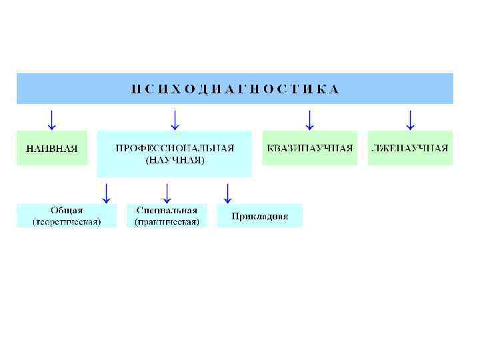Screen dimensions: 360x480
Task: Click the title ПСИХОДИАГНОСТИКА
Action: pyautogui.click(x=235, y=89)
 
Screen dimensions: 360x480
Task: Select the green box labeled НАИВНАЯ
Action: pyautogui.click(x=51, y=148)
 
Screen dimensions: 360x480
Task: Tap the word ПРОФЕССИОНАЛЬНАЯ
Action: pyautogui.click(x=175, y=147)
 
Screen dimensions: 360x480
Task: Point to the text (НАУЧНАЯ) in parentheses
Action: pyautogui.click(x=175, y=160)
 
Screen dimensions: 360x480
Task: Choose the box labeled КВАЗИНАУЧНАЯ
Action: pyautogui.click(x=309, y=148)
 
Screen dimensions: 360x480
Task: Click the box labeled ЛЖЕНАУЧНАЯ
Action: pyautogui.click(x=410, y=148)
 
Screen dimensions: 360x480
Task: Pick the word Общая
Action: pyautogui.click(x=67, y=211)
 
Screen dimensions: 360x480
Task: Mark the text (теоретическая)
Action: pyautogui.click(x=67, y=221)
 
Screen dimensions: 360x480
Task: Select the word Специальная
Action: pyautogui.click(x=167, y=211)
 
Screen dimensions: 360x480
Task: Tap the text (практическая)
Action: pyautogui.click(x=167, y=221)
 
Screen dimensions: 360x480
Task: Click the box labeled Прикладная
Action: pyautogui.click(x=260, y=216)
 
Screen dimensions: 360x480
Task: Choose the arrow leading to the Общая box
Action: pyautogui.click(x=105, y=193)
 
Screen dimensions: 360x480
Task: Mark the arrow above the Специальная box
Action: pyautogui.click(x=167, y=193)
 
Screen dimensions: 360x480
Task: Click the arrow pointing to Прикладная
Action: pyautogui.click(x=227, y=193)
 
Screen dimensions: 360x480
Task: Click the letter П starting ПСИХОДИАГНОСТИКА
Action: pyautogui.click(x=135, y=89)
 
